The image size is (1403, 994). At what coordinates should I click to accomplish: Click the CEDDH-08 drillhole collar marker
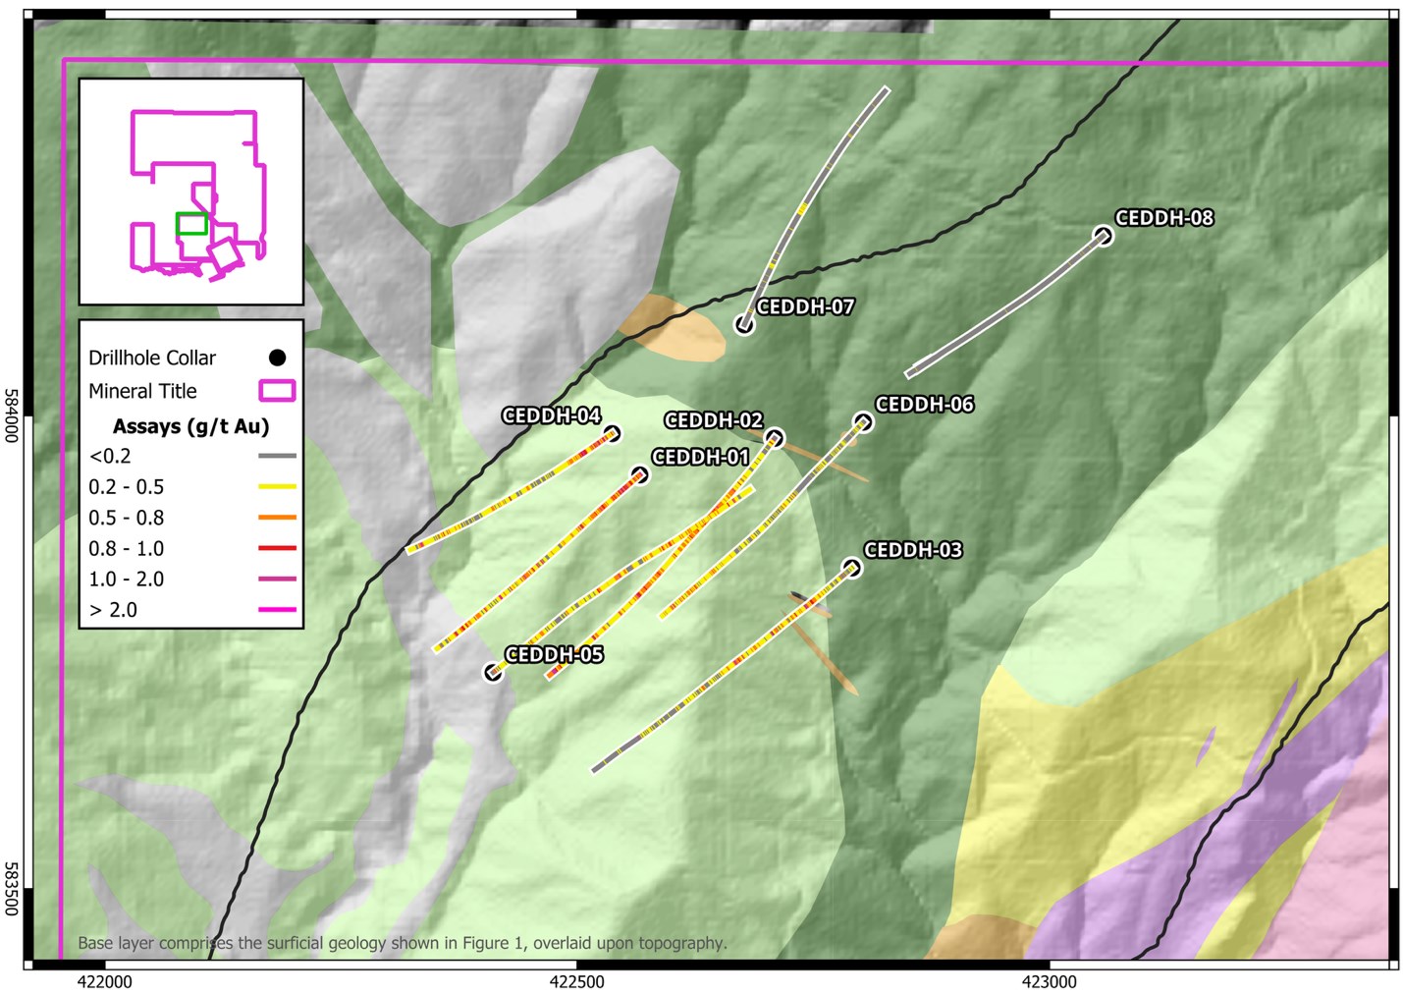tap(1104, 236)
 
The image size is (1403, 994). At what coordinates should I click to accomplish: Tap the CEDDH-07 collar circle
tap(744, 324)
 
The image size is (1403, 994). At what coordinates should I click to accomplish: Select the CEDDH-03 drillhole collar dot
tap(851, 568)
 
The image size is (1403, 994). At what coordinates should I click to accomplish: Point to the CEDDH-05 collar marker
tap(493, 673)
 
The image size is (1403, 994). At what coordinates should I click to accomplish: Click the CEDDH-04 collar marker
tap(612, 434)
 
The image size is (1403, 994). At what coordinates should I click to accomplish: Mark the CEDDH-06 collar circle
tap(863, 422)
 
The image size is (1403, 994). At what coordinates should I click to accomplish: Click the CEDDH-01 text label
tap(700, 458)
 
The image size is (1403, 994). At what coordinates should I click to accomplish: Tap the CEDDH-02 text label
tap(713, 420)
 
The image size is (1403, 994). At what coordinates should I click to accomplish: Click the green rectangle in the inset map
tap(191, 224)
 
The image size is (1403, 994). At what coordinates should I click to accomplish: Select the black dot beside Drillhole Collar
tap(278, 358)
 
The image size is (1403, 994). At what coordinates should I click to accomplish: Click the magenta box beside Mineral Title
tap(277, 391)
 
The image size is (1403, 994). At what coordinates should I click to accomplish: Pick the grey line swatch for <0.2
tap(277, 456)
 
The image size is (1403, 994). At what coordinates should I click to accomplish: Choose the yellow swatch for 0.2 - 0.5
tap(277, 487)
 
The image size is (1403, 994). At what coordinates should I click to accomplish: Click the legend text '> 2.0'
tap(113, 610)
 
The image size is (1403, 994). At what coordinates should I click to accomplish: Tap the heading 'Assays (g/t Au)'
tap(190, 426)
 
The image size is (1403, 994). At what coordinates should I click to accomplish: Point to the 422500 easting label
tap(576, 981)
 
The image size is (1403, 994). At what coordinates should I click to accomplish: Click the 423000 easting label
tap(1049, 981)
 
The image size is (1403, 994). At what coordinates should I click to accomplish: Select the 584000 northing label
tap(11, 415)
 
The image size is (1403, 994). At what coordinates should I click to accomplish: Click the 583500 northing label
tap(11, 889)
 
